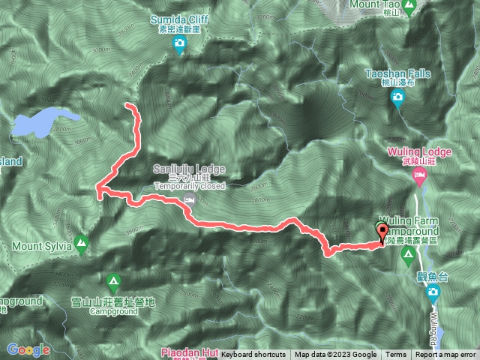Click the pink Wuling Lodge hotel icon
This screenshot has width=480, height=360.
(x=419, y=175)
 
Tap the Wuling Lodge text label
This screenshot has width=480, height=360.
(x=419, y=151)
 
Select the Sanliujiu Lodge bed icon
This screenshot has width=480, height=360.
(x=190, y=199)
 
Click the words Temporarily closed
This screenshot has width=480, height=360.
(x=189, y=185)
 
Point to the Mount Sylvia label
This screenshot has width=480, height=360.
(x=41, y=245)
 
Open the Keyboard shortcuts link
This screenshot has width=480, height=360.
(x=253, y=355)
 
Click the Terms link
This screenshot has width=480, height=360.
(x=396, y=355)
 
